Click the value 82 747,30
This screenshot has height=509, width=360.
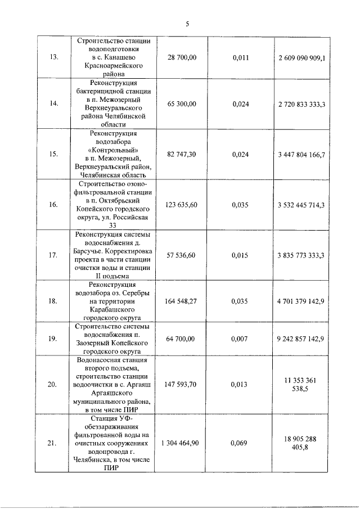click(182, 153)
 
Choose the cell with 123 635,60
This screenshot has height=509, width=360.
click(182, 205)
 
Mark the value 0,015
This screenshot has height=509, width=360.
click(240, 255)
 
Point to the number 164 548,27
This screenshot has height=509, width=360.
click(182, 301)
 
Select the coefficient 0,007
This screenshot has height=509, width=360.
click(240, 339)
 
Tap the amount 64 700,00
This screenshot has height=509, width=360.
click(182, 339)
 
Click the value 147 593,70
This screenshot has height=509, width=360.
click(182, 385)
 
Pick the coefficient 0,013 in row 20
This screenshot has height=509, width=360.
click(240, 385)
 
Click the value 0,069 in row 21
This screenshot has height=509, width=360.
click(240, 444)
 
